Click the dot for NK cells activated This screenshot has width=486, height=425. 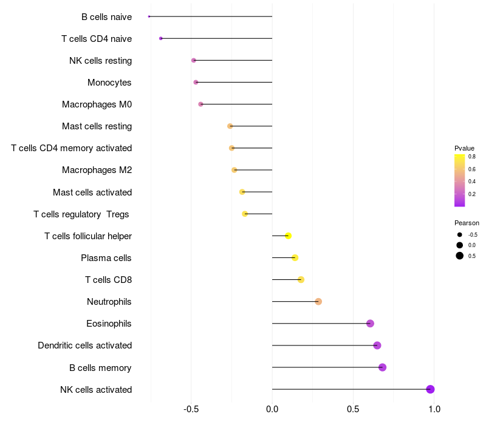click(430, 389)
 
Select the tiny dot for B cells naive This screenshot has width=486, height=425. click(149, 16)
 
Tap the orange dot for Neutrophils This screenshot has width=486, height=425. click(318, 301)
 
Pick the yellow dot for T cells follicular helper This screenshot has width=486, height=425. click(288, 236)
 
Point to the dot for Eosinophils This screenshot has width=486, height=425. click(370, 324)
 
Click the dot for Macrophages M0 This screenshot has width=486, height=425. click(200, 104)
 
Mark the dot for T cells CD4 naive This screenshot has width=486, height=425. click(160, 38)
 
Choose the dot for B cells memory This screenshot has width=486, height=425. click(383, 367)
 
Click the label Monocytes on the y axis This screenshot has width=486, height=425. click(109, 83)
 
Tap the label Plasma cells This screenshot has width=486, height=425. click(106, 257)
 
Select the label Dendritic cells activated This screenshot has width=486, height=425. click(85, 345)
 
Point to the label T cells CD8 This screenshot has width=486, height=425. click(109, 280)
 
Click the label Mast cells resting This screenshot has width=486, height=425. click(97, 126)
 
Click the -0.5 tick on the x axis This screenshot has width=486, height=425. click(191, 409)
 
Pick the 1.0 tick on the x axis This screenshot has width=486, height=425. click(434, 409)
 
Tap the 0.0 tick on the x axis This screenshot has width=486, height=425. click(272, 409)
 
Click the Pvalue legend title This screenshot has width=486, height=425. click(464, 148)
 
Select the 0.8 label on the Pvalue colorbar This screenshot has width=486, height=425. click(472, 157)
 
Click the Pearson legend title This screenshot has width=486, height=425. click(467, 223)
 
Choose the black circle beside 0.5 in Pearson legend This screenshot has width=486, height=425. click(460, 256)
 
